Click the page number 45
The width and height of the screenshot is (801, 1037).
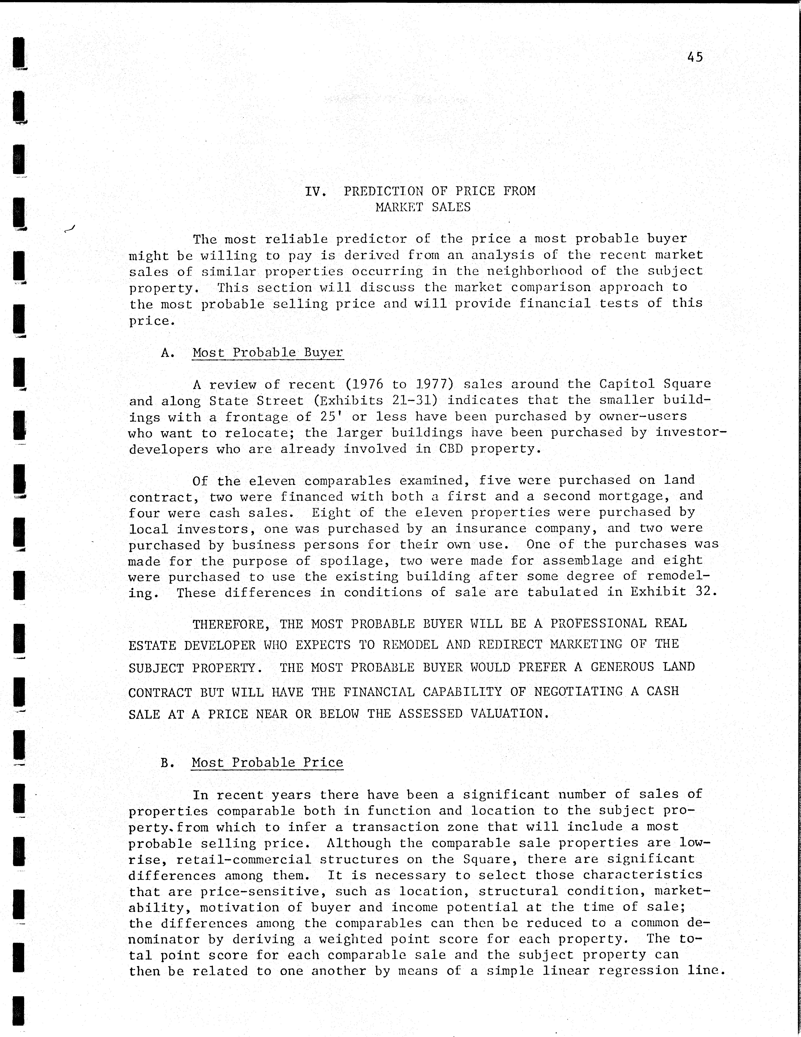point(695,57)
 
